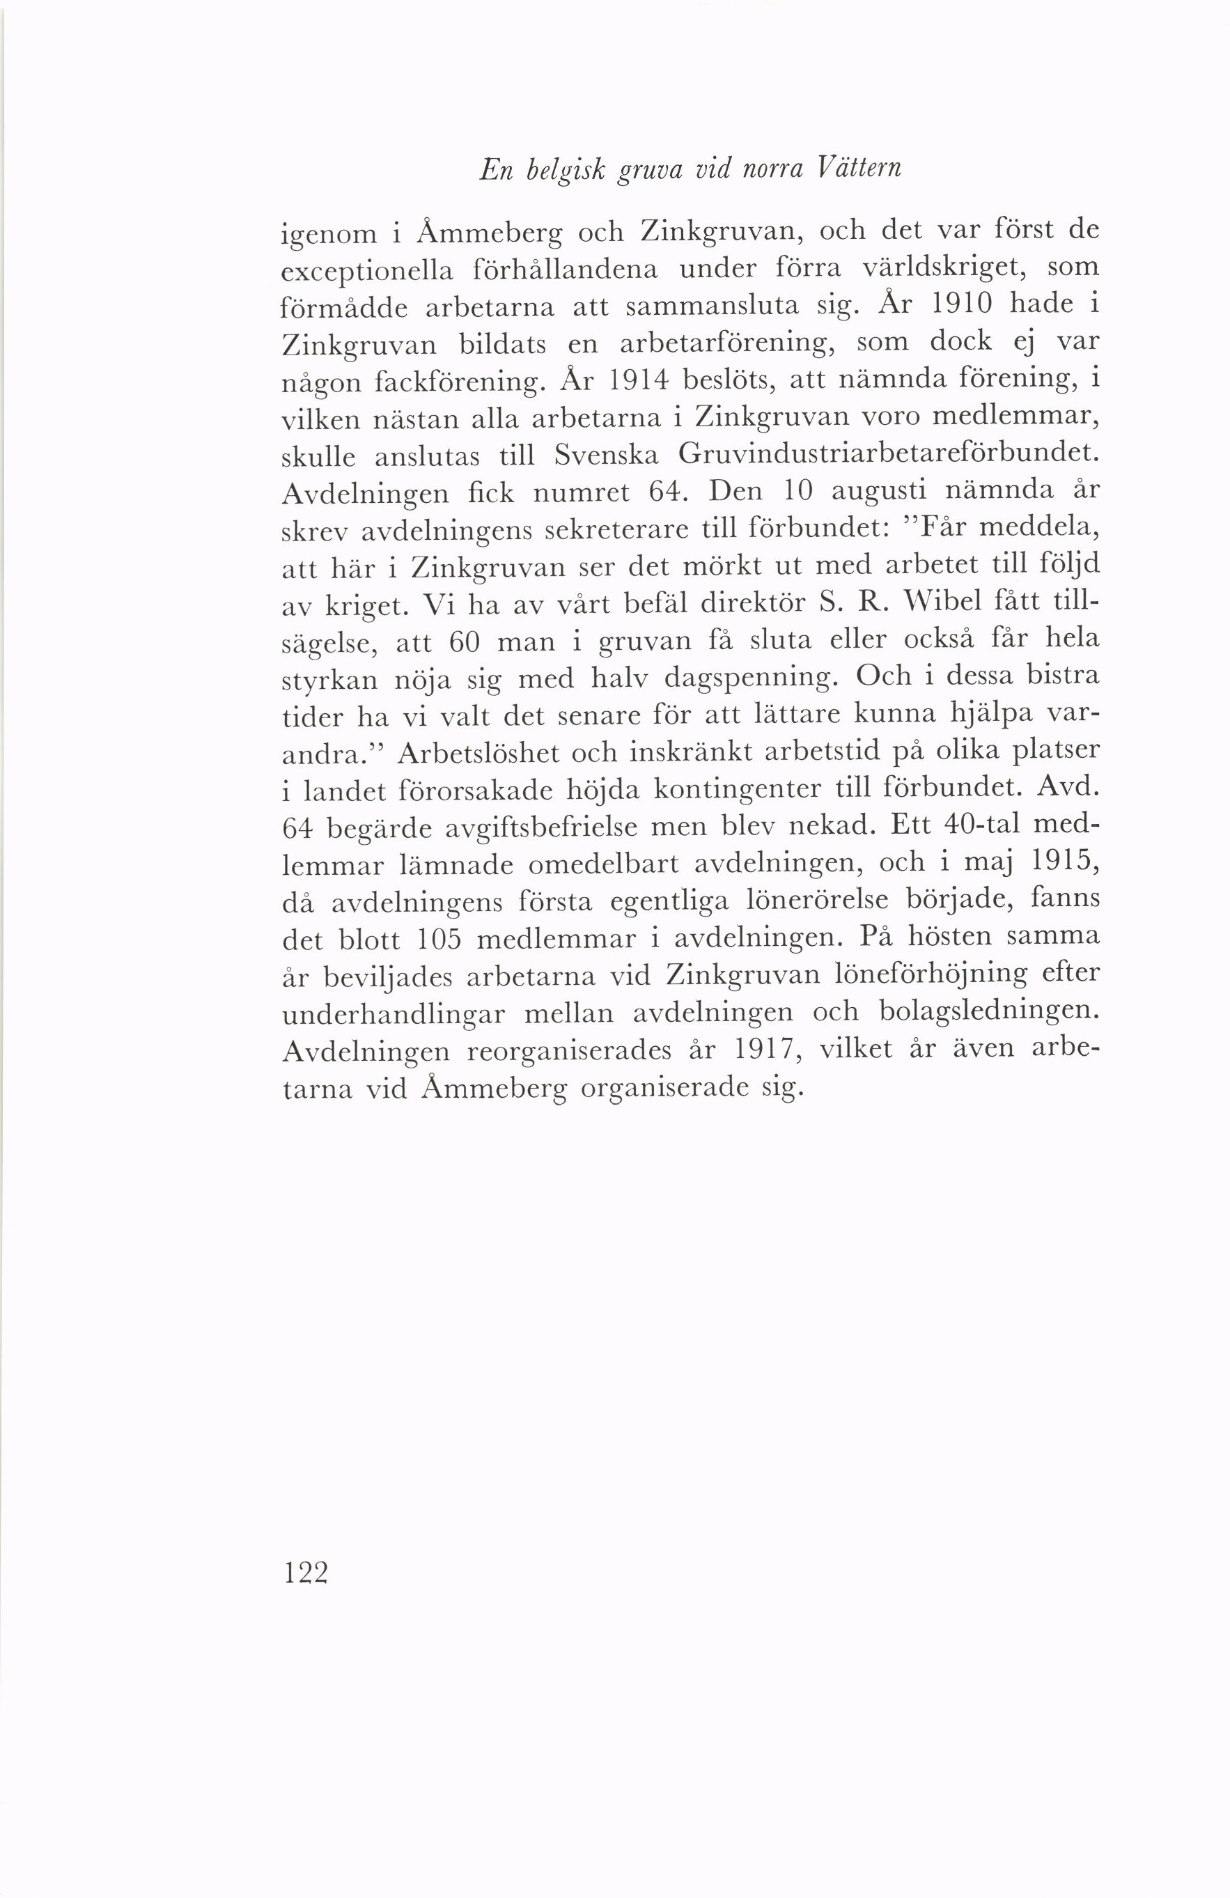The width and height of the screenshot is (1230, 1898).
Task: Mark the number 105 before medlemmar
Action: pyautogui.click(x=439, y=940)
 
